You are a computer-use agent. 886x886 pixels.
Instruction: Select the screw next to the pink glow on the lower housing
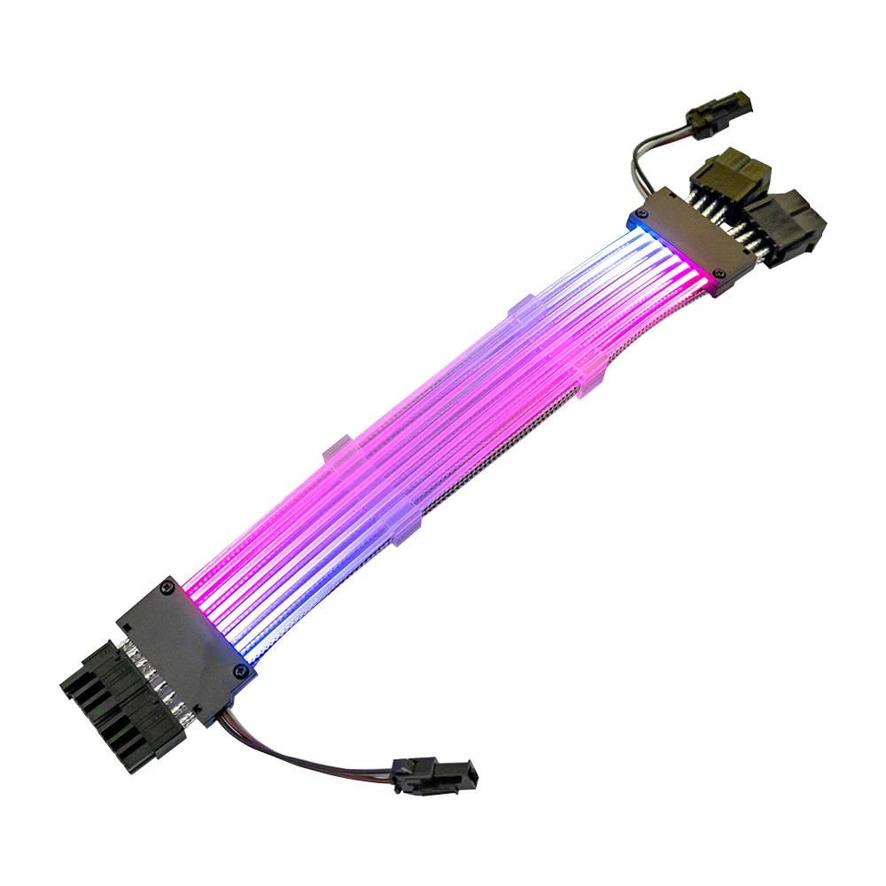pos(168,587)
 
